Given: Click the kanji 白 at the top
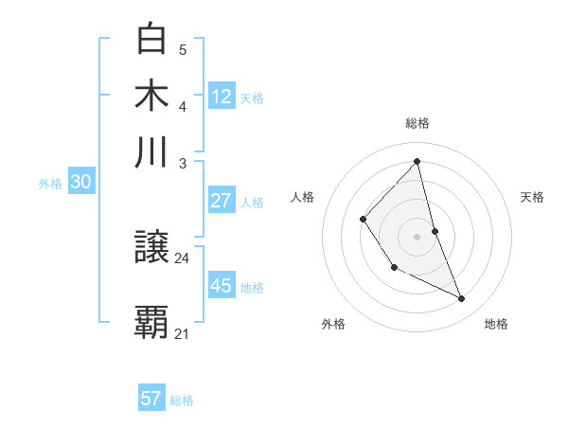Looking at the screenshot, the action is pos(152,39).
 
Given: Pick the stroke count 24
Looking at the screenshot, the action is pos(183,258).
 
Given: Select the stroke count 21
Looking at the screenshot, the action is pos(183,333).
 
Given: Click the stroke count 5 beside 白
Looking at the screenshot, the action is pos(183,50).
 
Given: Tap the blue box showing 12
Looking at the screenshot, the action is pos(222,97).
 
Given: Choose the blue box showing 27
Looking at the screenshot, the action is pos(222,201).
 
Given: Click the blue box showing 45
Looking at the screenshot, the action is pos(222,286).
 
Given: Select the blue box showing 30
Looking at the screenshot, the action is pos(80,183).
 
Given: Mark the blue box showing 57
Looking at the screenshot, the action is pos(151,399).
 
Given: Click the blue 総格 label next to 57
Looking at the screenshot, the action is pos(182,400).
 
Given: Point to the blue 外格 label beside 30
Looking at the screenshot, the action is pos(50,185).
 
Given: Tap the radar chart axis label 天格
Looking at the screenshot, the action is pos(533,197).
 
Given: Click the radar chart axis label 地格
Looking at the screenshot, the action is pos(496,324).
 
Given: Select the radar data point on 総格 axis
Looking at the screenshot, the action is pos(417,162).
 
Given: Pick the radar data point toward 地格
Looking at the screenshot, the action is pos(462,298).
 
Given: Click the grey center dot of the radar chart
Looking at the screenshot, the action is pos(417,235).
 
